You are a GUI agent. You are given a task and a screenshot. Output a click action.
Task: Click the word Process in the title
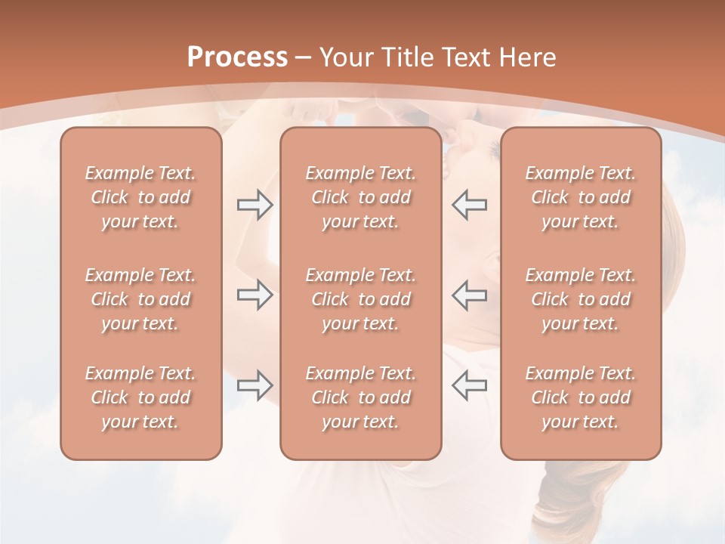pyautogui.click(x=237, y=57)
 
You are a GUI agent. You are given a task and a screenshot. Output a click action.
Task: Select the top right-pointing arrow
pyautogui.click(x=255, y=205)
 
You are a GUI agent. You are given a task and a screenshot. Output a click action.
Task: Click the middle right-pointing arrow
pyautogui.click(x=255, y=295)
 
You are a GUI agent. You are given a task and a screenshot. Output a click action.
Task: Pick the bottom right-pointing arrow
pyautogui.click(x=255, y=385)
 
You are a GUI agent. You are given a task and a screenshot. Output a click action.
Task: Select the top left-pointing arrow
pyautogui.click(x=469, y=205)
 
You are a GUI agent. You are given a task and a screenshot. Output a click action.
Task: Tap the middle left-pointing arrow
pyautogui.click(x=469, y=295)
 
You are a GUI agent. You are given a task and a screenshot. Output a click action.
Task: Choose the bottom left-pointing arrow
pyautogui.click(x=469, y=385)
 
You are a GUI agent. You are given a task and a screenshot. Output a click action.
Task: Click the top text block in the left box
pyautogui.click(x=140, y=197)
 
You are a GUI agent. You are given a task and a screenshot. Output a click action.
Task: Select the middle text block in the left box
pyautogui.click(x=140, y=299)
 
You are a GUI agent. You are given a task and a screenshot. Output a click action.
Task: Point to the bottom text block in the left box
pyautogui.click(x=140, y=397)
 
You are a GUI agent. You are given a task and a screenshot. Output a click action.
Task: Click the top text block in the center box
pyautogui.click(x=360, y=197)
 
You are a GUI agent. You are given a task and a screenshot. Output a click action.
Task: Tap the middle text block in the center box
pyautogui.click(x=360, y=299)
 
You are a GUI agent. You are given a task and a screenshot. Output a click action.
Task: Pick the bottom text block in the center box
pyautogui.click(x=360, y=397)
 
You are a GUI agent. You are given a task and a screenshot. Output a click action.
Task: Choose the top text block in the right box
pyautogui.click(x=581, y=197)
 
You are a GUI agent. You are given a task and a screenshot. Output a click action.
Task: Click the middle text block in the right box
pyautogui.click(x=581, y=299)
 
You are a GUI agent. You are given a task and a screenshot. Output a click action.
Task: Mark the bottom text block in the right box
pyautogui.click(x=581, y=397)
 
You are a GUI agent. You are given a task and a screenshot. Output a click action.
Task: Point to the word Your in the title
pyautogui.click(x=345, y=57)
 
